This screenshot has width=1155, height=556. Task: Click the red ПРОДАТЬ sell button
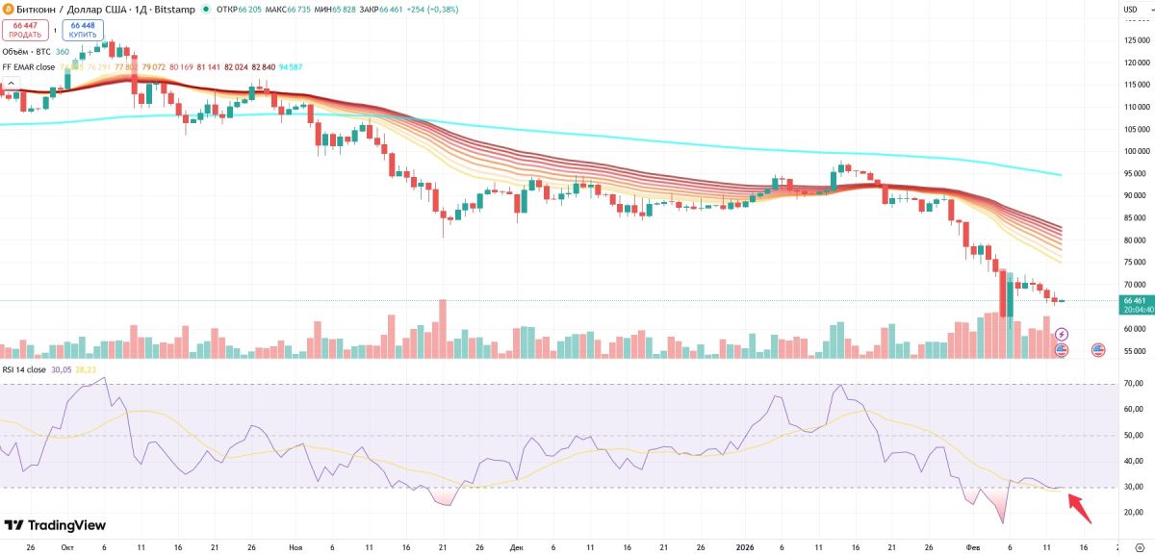point(25,29)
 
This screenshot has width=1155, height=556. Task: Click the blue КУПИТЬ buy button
point(83,29)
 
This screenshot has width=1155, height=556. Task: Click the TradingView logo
point(55,525)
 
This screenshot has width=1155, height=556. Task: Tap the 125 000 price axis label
point(1137,40)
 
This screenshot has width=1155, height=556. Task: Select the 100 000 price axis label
point(1137,151)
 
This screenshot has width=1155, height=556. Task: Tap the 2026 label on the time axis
point(744,546)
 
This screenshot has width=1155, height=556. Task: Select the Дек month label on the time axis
point(517,546)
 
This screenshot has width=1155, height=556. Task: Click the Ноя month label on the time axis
point(295,546)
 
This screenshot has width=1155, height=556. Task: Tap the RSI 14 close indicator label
point(24,369)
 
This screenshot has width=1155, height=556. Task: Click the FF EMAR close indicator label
point(29,67)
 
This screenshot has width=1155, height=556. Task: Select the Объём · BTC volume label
point(26,51)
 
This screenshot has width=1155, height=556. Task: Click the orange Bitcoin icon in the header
point(8,9)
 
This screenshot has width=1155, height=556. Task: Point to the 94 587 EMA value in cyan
point(290,67)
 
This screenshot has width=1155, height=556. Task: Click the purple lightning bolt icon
point(1062,334)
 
